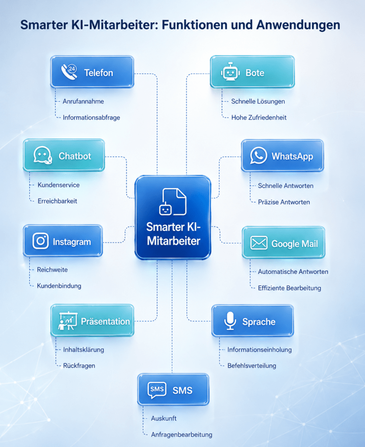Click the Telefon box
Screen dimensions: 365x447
click(92, 72)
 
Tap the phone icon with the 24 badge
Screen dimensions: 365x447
click(69, 72)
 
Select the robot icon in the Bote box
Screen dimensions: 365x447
click(230, 72)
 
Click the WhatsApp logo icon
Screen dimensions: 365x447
click(258, 155)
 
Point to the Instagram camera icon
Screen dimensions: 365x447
click(40, 241)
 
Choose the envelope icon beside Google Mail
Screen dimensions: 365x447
click(258, 243)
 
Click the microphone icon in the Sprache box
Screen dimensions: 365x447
click(230, 321)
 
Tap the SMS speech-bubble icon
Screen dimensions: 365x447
click(157, 390)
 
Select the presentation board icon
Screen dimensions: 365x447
click(68, 321)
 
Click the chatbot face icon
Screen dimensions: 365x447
click(43, 155)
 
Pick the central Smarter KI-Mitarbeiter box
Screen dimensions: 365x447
click(173, 217)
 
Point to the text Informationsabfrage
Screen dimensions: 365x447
click(91, 117)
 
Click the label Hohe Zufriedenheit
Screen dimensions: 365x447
click(259, 117)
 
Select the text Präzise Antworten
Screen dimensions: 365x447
click(284, 202)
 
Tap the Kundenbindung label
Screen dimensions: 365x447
click(59, 286)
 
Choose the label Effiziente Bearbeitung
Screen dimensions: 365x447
click(289, 288)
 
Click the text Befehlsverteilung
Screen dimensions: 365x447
click(252, 366)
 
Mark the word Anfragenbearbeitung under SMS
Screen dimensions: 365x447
click(182, 435)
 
